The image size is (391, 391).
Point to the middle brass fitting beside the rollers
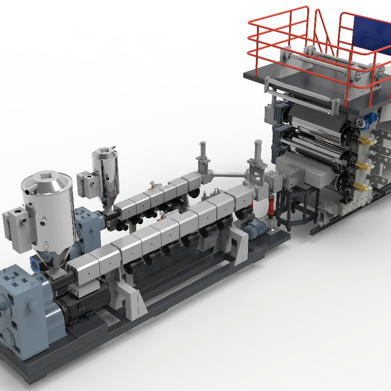(365, 164)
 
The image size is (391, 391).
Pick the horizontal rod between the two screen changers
(229, 175)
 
